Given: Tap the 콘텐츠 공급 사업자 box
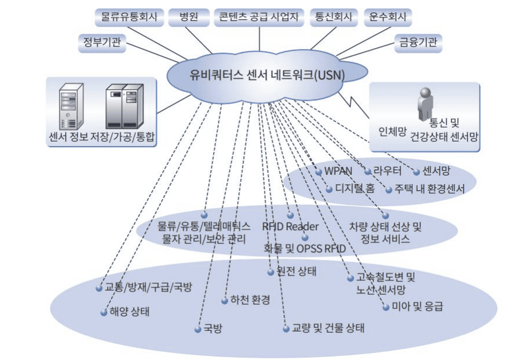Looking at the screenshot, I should click(259, 17).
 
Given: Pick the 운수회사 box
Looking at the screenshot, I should click(387, 17).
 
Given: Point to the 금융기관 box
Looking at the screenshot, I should click(418, 42).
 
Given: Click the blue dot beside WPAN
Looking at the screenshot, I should click(319, 172).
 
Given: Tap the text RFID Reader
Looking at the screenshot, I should click(290, 226).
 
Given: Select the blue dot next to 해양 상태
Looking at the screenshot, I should click(104, 312).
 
